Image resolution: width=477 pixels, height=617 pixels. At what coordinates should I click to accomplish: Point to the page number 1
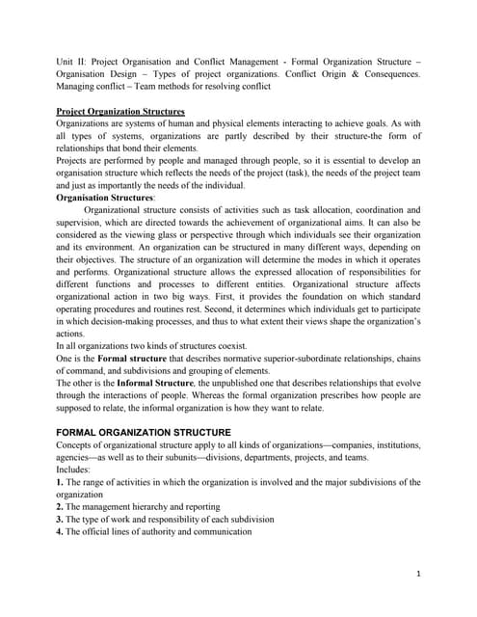(x=419, y=573)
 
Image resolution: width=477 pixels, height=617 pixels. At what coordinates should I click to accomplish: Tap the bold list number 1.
(x=60, y=482)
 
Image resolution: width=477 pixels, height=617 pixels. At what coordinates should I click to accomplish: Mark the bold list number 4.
(x=60, y=532)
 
